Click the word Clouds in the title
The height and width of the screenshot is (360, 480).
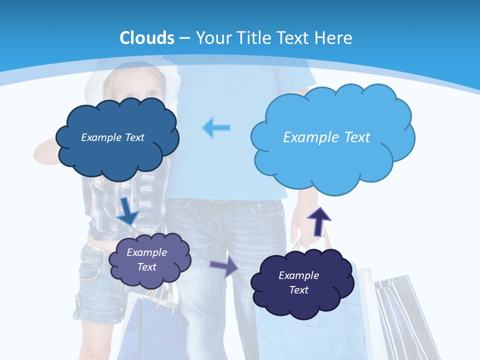(147, 37)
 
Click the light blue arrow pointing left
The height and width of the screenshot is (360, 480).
(216, 127)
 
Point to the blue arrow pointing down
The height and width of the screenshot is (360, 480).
(129, 210)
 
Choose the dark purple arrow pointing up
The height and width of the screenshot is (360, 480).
(318, 220)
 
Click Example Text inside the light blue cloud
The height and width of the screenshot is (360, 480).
(326, 137)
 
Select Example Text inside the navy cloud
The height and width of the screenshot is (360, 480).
(298, 282)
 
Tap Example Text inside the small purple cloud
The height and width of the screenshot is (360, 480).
(146, 259)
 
